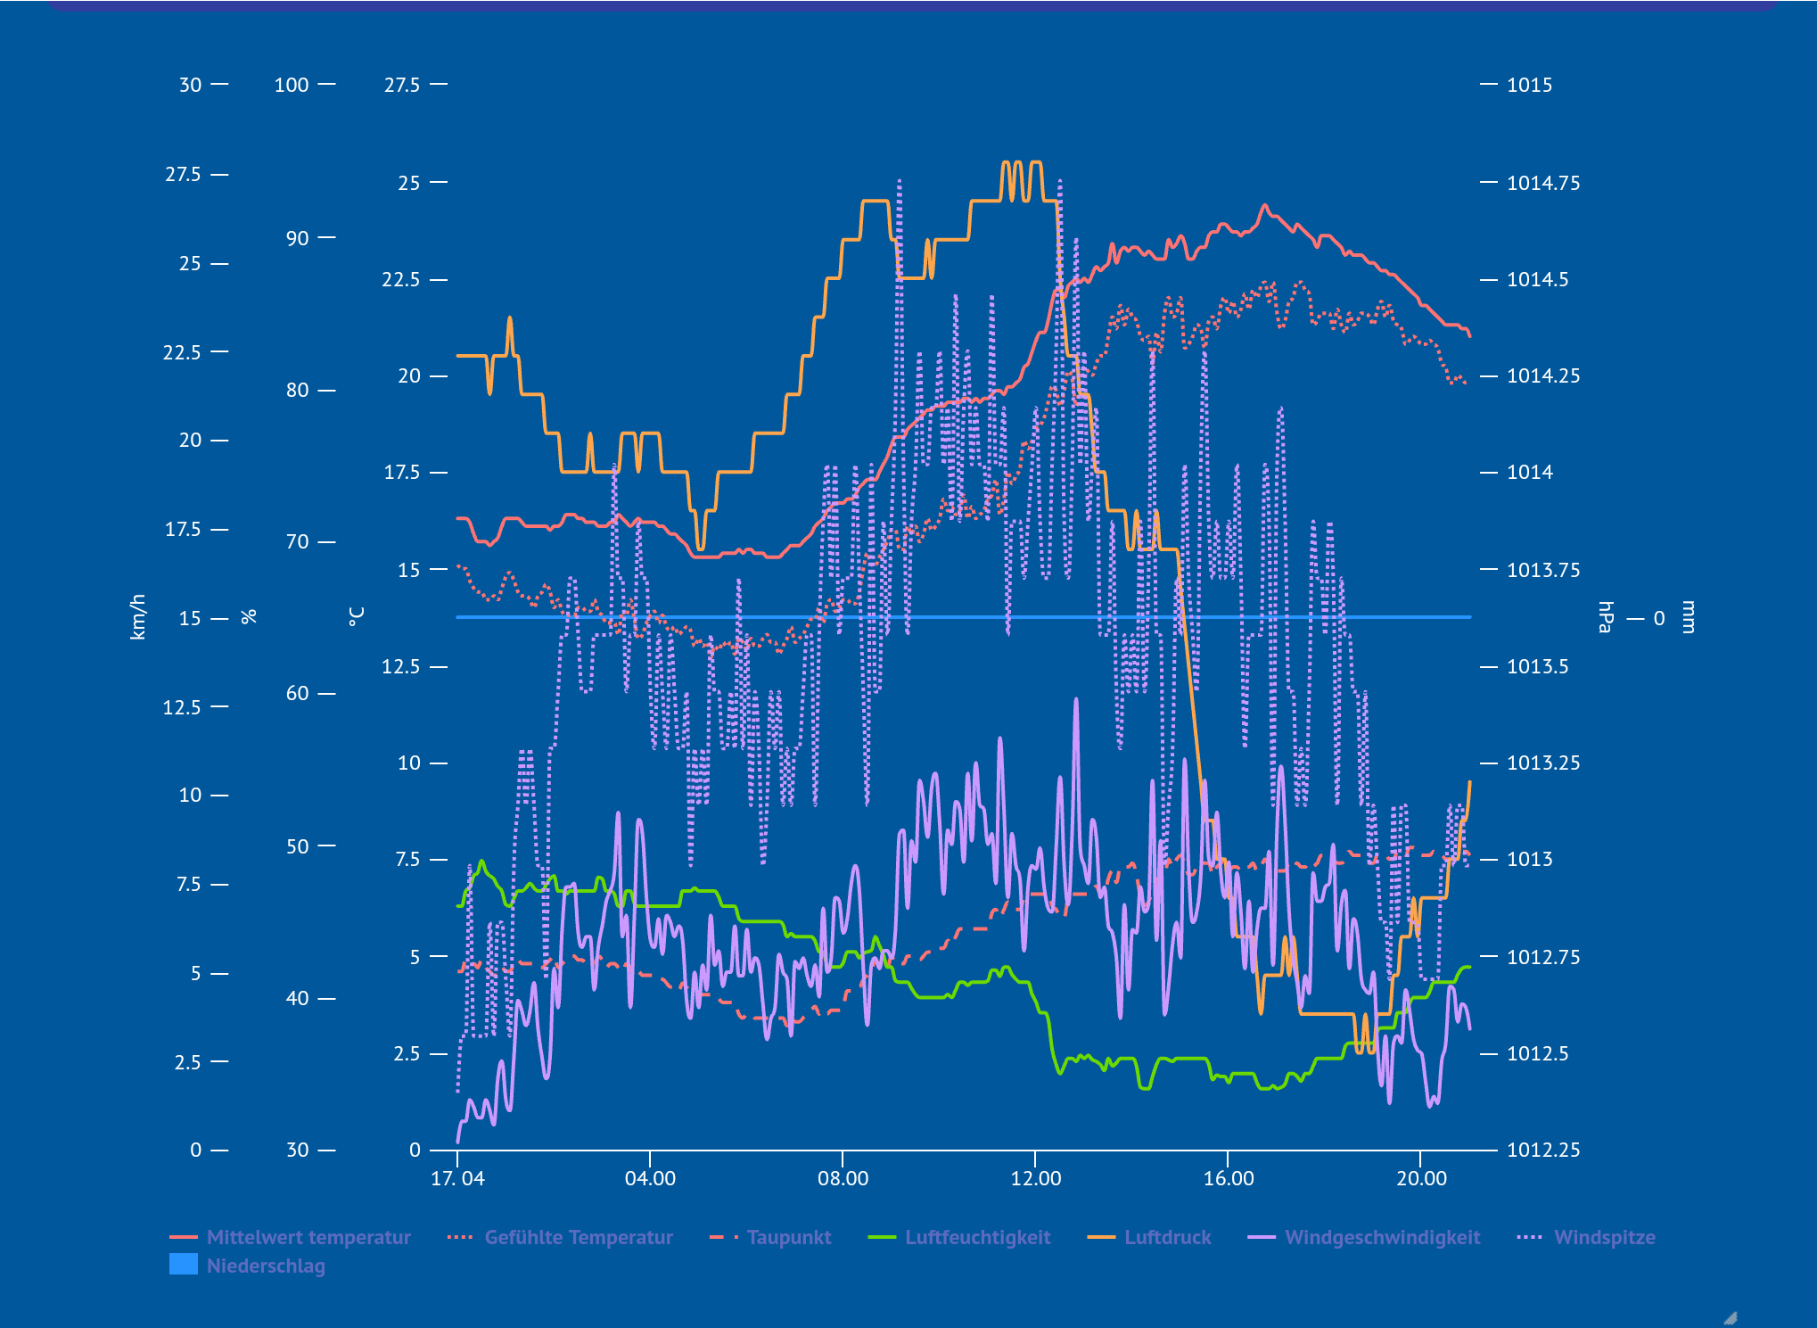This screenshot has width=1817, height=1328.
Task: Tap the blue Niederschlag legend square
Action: click(x=184, y=1265)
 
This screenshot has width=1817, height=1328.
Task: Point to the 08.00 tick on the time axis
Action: click(x=843, y=1178)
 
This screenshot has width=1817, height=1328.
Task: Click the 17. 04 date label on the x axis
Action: click(x=457, y=1178)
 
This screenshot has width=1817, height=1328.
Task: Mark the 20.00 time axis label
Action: click(x=1421, y=1178)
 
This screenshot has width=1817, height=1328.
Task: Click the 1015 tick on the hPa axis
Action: click(x=1529, y=85)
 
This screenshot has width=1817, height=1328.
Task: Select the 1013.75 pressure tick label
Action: click(x=1542, y=570)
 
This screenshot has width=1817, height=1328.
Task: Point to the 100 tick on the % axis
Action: click(x=292, y=85)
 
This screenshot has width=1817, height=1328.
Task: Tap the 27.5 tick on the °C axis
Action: click(x=402, y=85)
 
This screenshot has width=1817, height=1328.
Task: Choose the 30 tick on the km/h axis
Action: click(x=191, y=85)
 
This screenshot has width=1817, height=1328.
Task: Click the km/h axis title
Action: click(x=138, y=616)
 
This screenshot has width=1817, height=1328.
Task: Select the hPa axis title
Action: click(x=1606, y=616)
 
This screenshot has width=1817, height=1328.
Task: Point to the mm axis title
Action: click(x=1687, y=616)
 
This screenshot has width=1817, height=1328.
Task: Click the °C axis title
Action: click(x=357, y=616)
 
